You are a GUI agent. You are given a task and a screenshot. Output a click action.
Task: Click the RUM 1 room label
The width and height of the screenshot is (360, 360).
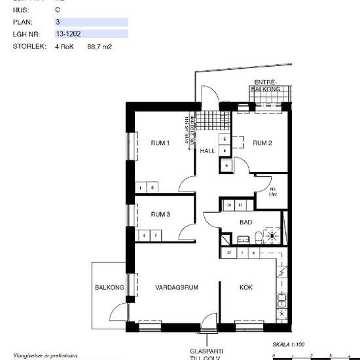point(160,143)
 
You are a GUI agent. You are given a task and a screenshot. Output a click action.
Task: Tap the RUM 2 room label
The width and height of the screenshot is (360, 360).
point(262,143)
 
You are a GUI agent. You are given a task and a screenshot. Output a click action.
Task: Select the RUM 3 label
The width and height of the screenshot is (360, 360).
point(160,215)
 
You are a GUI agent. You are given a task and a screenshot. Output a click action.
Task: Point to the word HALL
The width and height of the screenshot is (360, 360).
point(207,151)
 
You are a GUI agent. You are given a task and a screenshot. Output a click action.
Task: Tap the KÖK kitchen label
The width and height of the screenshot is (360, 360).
point(246,287)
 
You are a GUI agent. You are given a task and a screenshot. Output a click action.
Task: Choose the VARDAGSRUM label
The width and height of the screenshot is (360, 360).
point(177,287)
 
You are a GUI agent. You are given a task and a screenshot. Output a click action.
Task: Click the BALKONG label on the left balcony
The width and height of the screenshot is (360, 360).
point(109,287)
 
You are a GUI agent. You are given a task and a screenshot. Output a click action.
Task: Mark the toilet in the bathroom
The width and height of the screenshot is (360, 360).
point(259,237)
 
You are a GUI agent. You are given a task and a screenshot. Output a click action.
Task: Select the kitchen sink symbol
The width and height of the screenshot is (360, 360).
point(282,302)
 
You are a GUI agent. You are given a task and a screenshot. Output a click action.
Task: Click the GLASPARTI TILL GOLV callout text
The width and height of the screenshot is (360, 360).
point(207,353)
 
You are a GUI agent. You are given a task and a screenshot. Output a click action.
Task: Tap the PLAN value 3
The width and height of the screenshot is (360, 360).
point(58,22)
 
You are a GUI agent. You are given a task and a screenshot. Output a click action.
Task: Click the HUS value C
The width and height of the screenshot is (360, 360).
point(58,10)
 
